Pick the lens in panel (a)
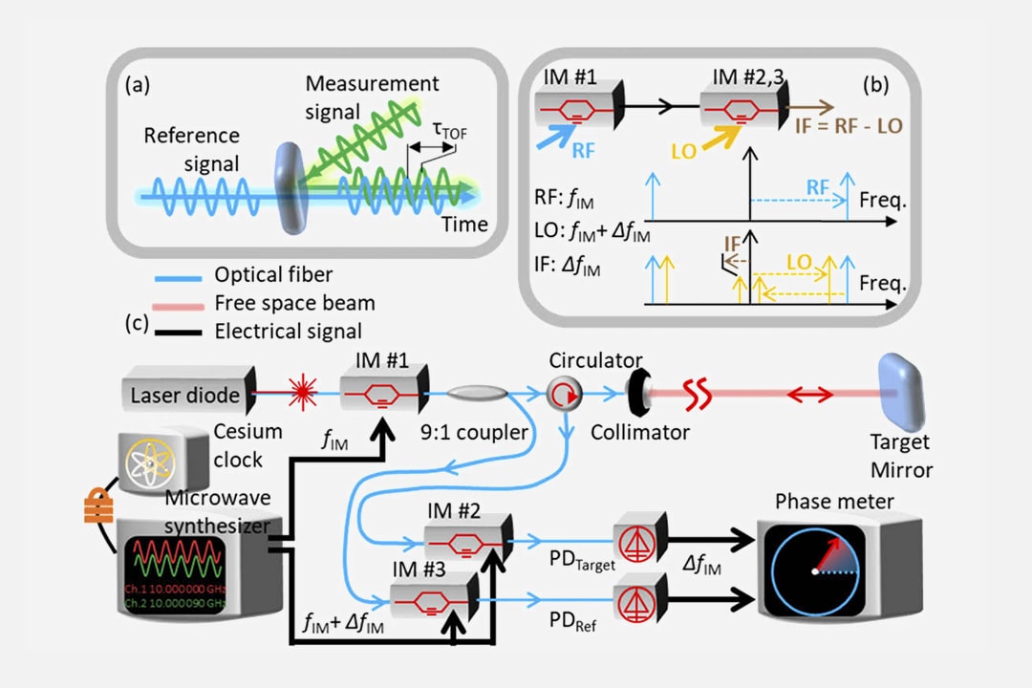pyautogui.click(x=290, y=187)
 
